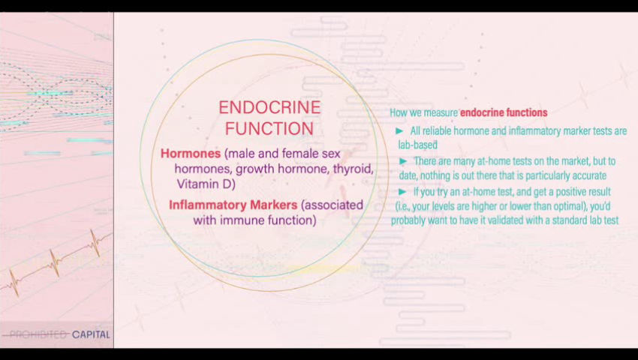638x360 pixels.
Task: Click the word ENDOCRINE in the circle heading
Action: [x=269, y=108]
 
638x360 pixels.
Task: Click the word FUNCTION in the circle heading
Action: [x=269, y=128]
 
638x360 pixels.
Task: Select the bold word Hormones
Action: [x=191, y=153]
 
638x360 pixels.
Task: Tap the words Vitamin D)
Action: [x=206, y=184]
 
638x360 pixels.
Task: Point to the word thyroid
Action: [x=354, y=169]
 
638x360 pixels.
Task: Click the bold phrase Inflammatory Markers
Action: [x=233, y=205]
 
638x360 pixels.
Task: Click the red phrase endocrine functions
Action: [x=504, y=112]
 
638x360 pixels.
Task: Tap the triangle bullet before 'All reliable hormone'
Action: [x=399, y=131]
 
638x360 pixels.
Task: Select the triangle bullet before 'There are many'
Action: [x=403, y=161]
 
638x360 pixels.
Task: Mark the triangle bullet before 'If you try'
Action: [x=402, y=191]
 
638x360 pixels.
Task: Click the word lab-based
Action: [x=418, y=145]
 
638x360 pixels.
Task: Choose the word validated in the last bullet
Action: [x=526, y=220]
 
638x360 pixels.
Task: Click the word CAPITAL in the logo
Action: [x=91, y=334]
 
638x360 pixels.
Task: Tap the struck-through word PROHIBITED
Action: [x=38, y=334]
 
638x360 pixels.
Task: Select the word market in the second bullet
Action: [x=575, y=161]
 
